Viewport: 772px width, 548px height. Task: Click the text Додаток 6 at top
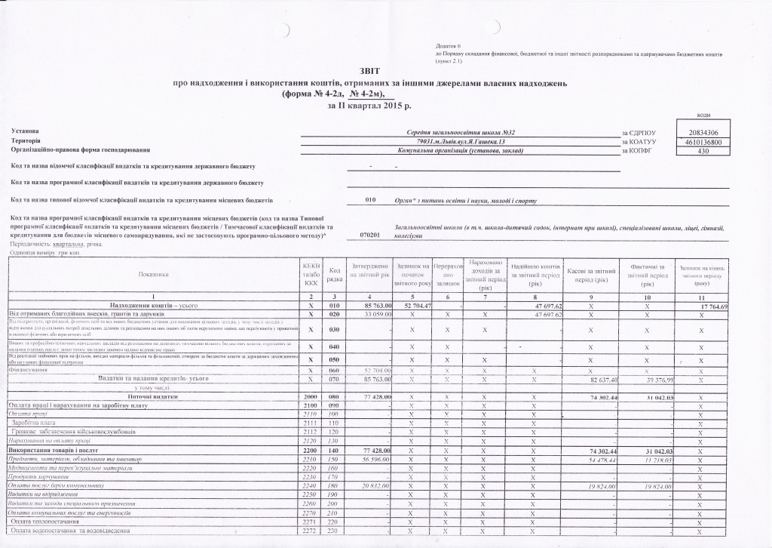448,47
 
